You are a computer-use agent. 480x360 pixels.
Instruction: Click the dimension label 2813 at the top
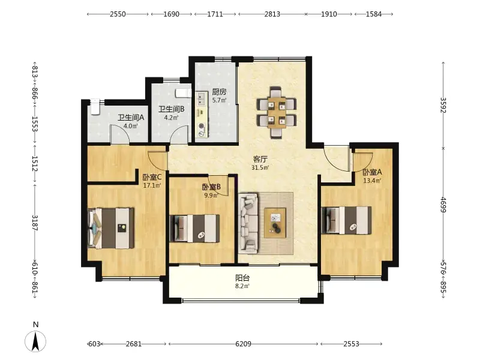click(x=272, y=14)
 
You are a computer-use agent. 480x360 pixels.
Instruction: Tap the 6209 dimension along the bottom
click(x=244, y=344)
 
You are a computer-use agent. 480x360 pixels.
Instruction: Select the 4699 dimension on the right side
click(x=443, y=205)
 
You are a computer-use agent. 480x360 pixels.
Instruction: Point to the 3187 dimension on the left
click(x=35, y=223)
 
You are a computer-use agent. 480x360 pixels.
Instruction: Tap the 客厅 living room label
click(x=260, y=159)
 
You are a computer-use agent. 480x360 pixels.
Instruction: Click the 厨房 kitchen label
click(x=219, y=92)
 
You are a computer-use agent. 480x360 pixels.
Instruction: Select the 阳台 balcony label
click(x=242, y=278)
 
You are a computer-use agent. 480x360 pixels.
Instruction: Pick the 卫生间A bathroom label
click(x=131, y=118)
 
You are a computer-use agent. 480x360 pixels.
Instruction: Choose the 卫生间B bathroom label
click(x=172, y=109)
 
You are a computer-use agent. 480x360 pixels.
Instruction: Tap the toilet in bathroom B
click(x=184, y=93)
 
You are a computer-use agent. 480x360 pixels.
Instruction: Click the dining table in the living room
click(x=277, y=112)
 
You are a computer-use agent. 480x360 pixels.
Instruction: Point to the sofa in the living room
click(x=248, y=223)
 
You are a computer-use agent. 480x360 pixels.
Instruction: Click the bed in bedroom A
click(x=347, y=220)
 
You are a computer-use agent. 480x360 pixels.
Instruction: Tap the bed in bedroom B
click(x=194, y=229)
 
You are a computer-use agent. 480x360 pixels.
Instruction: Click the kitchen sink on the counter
click(x=201, y=99)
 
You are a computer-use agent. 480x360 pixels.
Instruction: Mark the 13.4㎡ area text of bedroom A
click(x=372, y=181)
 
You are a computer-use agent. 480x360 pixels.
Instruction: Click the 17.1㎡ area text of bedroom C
click(x=152, y=185)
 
